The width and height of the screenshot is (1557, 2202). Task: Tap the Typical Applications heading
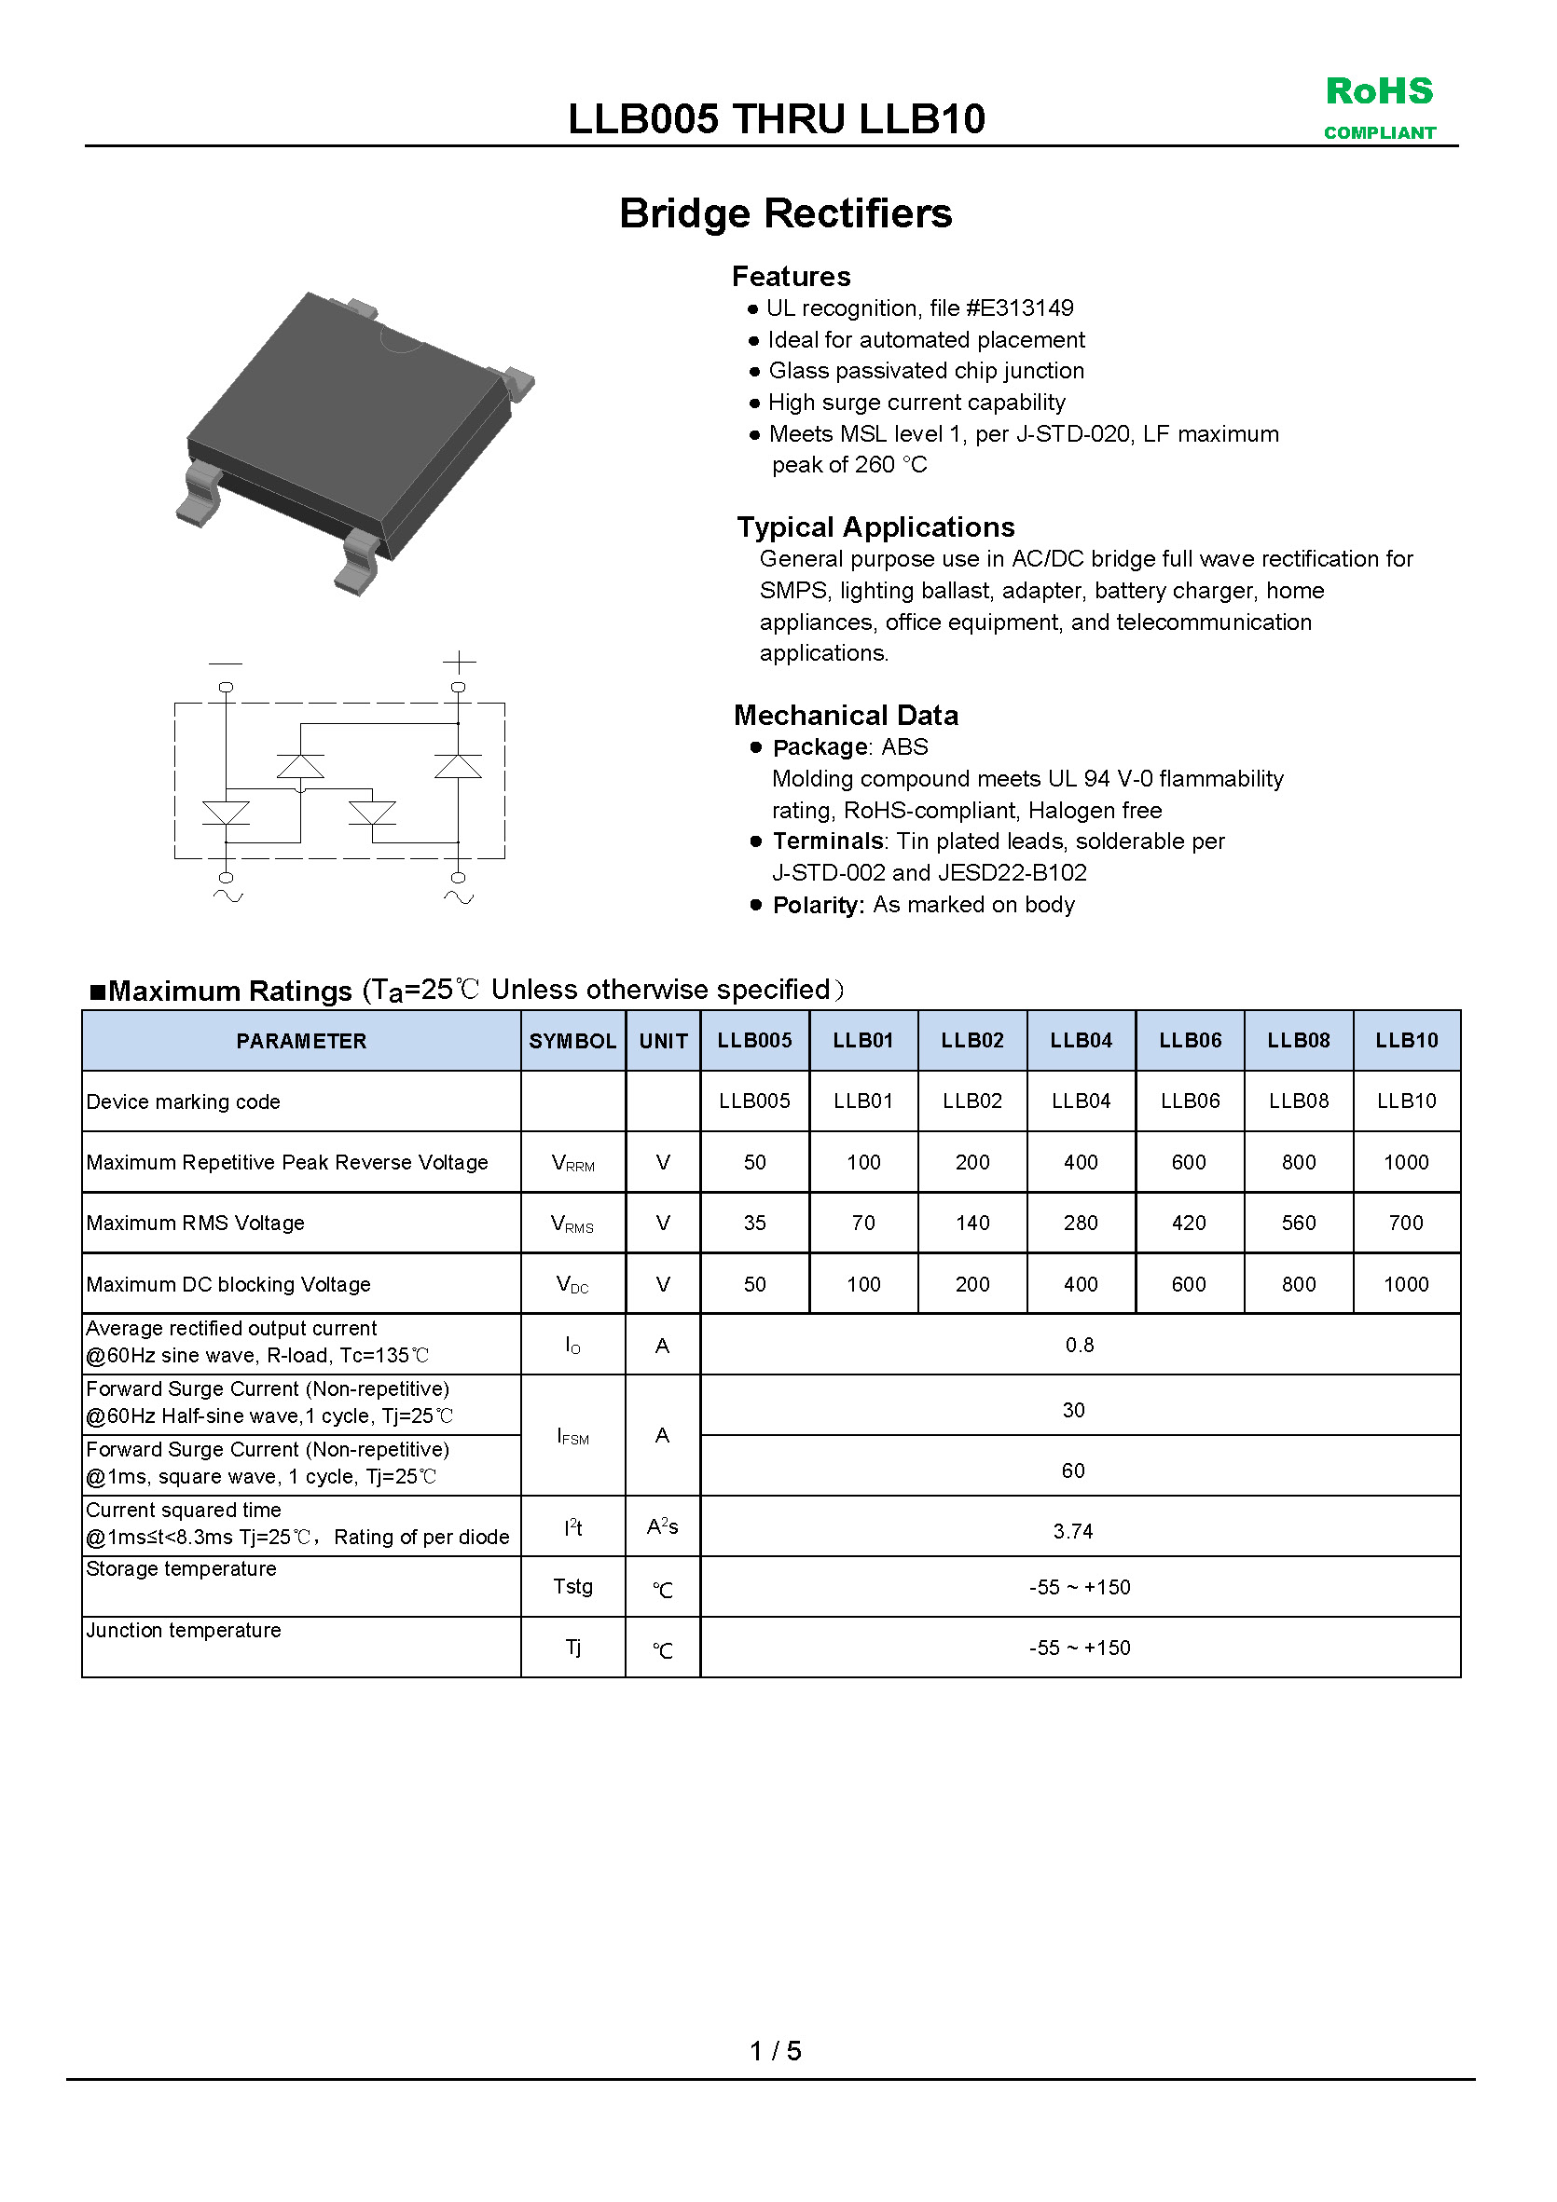click(875, 527)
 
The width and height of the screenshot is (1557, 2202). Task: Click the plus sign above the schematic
click(459, 662)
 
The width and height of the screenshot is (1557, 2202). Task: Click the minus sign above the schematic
click(226, 663)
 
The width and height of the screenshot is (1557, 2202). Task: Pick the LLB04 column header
click(1081, 1041)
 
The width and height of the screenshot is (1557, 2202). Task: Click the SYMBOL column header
click(572, 1041)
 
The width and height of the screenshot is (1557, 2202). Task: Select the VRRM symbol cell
click(572, 1163)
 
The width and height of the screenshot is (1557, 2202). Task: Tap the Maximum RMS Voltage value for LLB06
click(1189, 1223)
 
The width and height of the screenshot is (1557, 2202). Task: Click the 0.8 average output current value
click(1080, 1345)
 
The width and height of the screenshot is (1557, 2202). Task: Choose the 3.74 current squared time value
click(1072, 1531)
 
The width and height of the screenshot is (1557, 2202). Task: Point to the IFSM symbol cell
click(572, 1436)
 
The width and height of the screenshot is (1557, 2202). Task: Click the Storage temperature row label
click(181, 1568)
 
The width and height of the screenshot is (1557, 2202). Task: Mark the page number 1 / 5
click(775, 2050)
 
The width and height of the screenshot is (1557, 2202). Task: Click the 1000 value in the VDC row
click(1405, 1284)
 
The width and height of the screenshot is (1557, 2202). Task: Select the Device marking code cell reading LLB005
click(754, 1101)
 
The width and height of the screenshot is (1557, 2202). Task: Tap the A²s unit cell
click(662, 1525)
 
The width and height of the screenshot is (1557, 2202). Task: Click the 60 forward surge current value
click(1072, 1470)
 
